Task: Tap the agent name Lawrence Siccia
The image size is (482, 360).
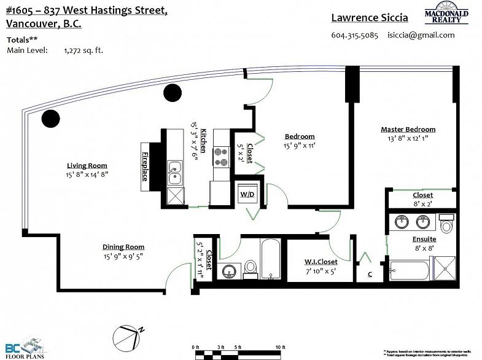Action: click(369, 18)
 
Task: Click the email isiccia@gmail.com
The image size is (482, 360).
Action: click(421, 35)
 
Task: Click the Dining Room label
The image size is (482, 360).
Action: click(123, 247)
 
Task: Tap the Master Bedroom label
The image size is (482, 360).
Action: click(408, 129)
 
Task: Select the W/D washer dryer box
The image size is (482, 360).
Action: click(248, 194)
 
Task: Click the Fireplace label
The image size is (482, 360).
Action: click(146, 166)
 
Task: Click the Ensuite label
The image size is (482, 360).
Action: click(424, 238)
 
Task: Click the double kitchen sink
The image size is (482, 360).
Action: click(174, 172)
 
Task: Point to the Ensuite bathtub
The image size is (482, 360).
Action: click(410, 269)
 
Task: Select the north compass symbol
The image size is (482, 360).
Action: click(127, 336)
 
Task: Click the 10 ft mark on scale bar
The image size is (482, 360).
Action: click(281, 347)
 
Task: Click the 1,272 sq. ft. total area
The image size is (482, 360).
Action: click(84, 50)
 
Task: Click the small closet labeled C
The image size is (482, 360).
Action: click(370, 274)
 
